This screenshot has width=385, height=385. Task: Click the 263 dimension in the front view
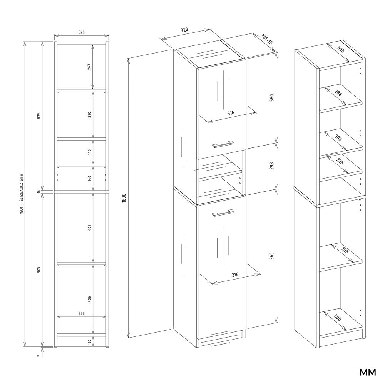89,67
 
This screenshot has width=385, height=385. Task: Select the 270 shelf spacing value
89,114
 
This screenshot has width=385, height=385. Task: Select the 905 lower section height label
38,269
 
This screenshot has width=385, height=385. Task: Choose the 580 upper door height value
271,98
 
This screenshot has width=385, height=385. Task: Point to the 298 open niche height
271,166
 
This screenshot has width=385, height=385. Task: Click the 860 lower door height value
271,256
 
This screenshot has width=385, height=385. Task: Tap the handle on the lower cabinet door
223,213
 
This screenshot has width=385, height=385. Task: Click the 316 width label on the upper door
231,113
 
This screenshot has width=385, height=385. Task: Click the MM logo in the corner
367,373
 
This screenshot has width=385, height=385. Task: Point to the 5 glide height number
38,355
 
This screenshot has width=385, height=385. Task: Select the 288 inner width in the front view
81,314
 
